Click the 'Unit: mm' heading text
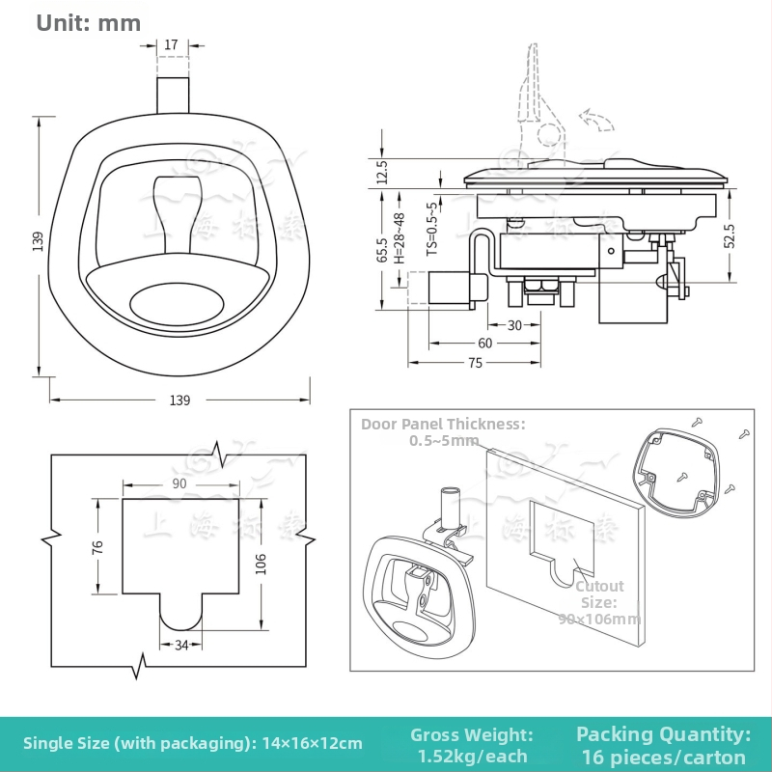(89, 22)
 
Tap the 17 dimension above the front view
(171, 44)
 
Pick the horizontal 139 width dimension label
(179, 400)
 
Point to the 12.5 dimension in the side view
(382, 173)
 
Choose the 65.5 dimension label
(382, 250)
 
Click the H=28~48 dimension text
(399, 237)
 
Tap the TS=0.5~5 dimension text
(431, 228)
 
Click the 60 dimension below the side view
(484, 344)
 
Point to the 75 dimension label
(475, 363)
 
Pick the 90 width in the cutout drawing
(179, 483)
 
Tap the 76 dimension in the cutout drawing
(96, 546)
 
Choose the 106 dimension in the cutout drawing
(261, 564)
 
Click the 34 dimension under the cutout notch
(180, 646)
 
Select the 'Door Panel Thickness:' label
(443, 424)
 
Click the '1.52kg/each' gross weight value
(473, 757)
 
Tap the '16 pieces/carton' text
(664, 757)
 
